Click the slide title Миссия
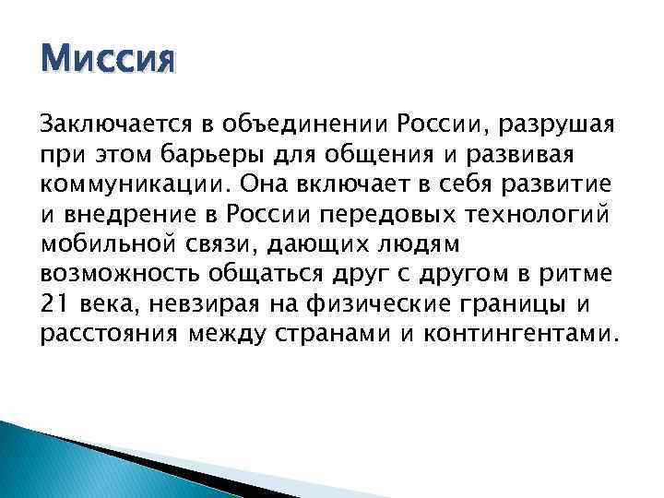107,62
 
